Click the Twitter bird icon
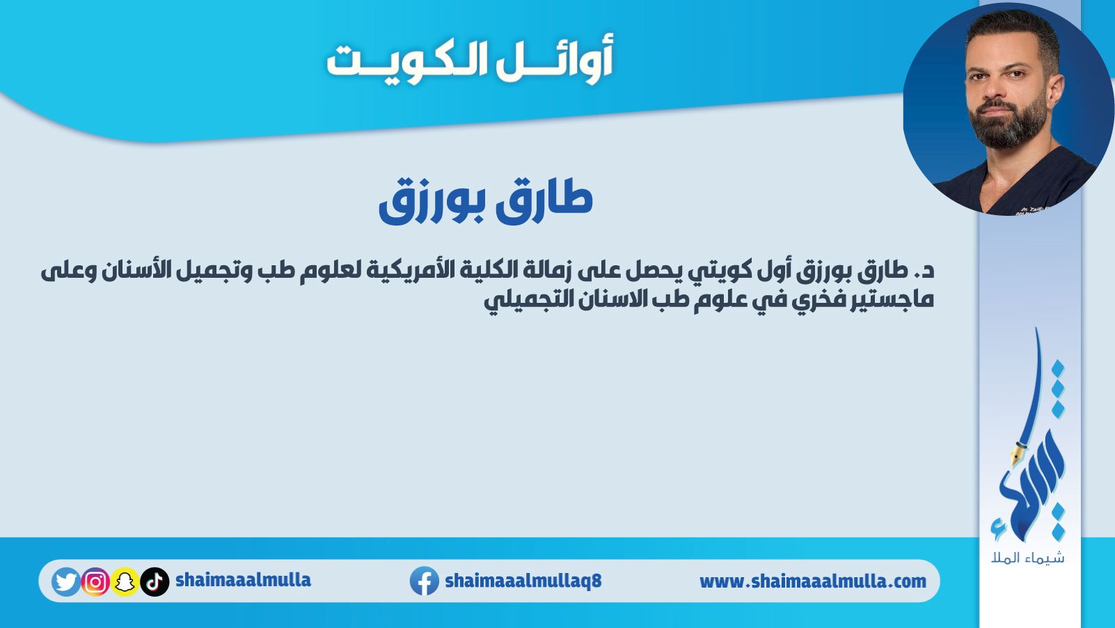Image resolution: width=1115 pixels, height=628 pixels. pos(65,581)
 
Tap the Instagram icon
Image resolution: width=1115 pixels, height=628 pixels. pos(95,581)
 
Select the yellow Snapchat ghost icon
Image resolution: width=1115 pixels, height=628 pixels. pos(125,581)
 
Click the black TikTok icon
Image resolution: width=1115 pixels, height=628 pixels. pos(155,581)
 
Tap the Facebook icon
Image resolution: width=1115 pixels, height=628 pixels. pos(424,581)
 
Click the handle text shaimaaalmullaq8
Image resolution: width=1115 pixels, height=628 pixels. pos(523,581)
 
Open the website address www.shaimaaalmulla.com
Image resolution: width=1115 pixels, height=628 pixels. pos(813,581)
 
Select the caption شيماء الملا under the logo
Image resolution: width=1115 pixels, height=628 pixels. pos(1028,557)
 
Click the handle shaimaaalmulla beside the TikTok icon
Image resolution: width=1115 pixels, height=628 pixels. pos(244,580)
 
